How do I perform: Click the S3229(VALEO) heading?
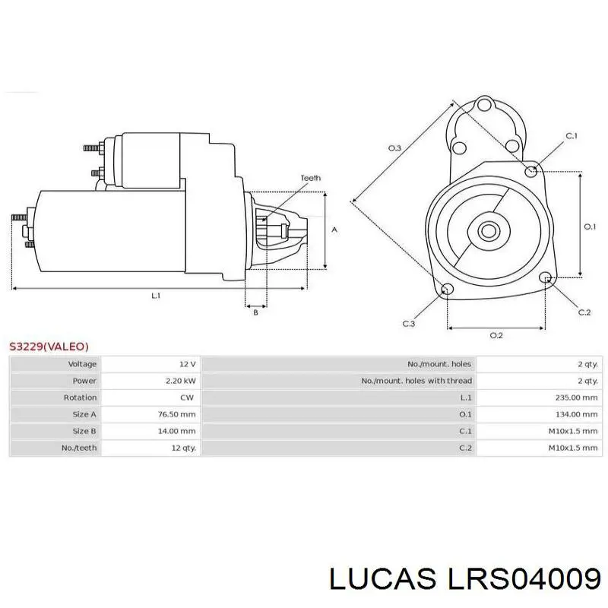(49, 347)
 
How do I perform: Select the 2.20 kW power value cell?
(181, 381)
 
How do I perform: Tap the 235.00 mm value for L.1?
(577, 397)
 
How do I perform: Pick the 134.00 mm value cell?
(577, 414)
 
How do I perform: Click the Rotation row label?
(80, 397)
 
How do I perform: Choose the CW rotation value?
(187, 397)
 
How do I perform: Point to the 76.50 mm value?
(177, 414)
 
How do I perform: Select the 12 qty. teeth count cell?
(183, 448)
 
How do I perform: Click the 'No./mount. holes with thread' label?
(416, 381)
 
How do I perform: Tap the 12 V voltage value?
(188, 364)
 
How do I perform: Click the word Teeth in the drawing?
(311, 178)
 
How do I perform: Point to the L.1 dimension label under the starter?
(156, 296)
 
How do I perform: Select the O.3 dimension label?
(394, 147)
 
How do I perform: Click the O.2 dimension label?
(496, 335)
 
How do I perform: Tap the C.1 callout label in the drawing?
(572, 136)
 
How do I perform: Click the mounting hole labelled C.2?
(546, 277)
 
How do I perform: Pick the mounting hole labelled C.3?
(448, 289)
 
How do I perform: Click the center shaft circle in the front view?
(488, 231)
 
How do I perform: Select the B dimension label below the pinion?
(255, 312)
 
